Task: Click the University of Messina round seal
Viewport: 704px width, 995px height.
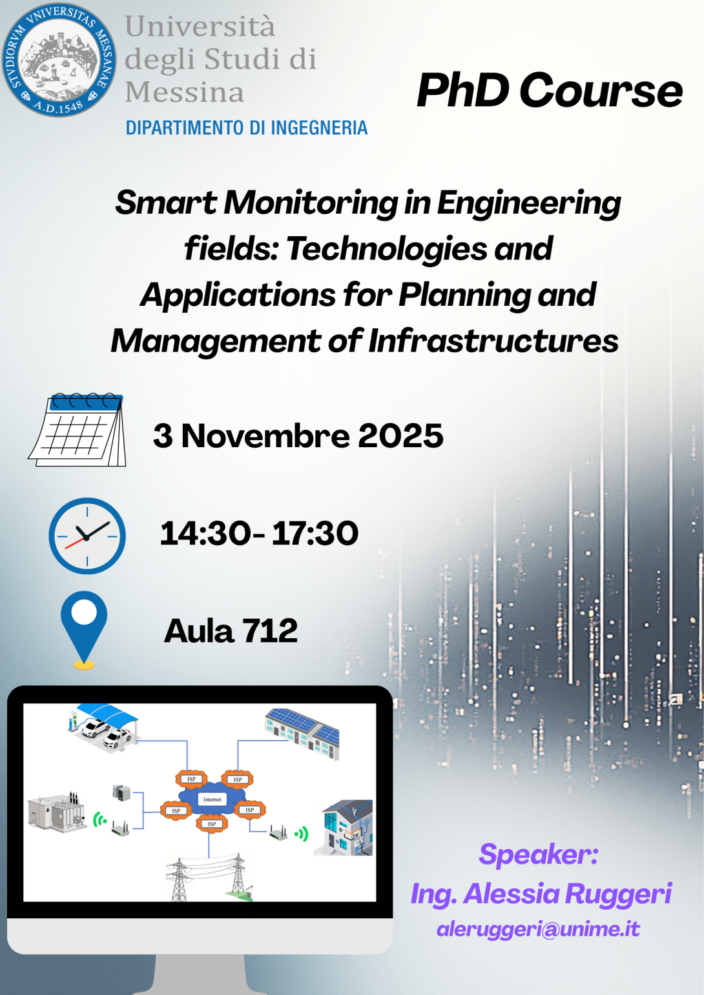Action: tap(59, 60)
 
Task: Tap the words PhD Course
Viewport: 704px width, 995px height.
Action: tap(550, 91)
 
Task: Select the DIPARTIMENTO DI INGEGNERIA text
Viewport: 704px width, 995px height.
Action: tap(247, 128)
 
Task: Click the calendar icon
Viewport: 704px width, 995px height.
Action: tap(78, 430)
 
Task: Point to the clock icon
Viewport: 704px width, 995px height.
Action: tap(87, 536)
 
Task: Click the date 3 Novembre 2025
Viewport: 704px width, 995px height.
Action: tap(298, 436)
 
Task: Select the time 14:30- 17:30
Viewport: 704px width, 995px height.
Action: tap(259, 533)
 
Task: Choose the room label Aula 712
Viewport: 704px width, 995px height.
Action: tap(231, 630)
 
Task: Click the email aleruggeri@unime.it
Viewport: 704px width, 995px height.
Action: tap(539, 929)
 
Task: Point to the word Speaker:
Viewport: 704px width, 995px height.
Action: tap(539, 854)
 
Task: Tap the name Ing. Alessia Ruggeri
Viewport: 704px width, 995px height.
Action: tap(541, 894)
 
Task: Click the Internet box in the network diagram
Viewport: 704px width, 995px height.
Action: tap(212, 799)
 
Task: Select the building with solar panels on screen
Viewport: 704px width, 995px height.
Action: tap(302, 734)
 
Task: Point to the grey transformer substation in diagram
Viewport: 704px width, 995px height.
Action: tap(57, 812)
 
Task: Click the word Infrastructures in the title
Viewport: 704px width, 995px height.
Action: tap(493, 341)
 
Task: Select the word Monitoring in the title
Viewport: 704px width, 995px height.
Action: tap(311, 203)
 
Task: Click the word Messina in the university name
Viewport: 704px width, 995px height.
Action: tap(185, 92)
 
